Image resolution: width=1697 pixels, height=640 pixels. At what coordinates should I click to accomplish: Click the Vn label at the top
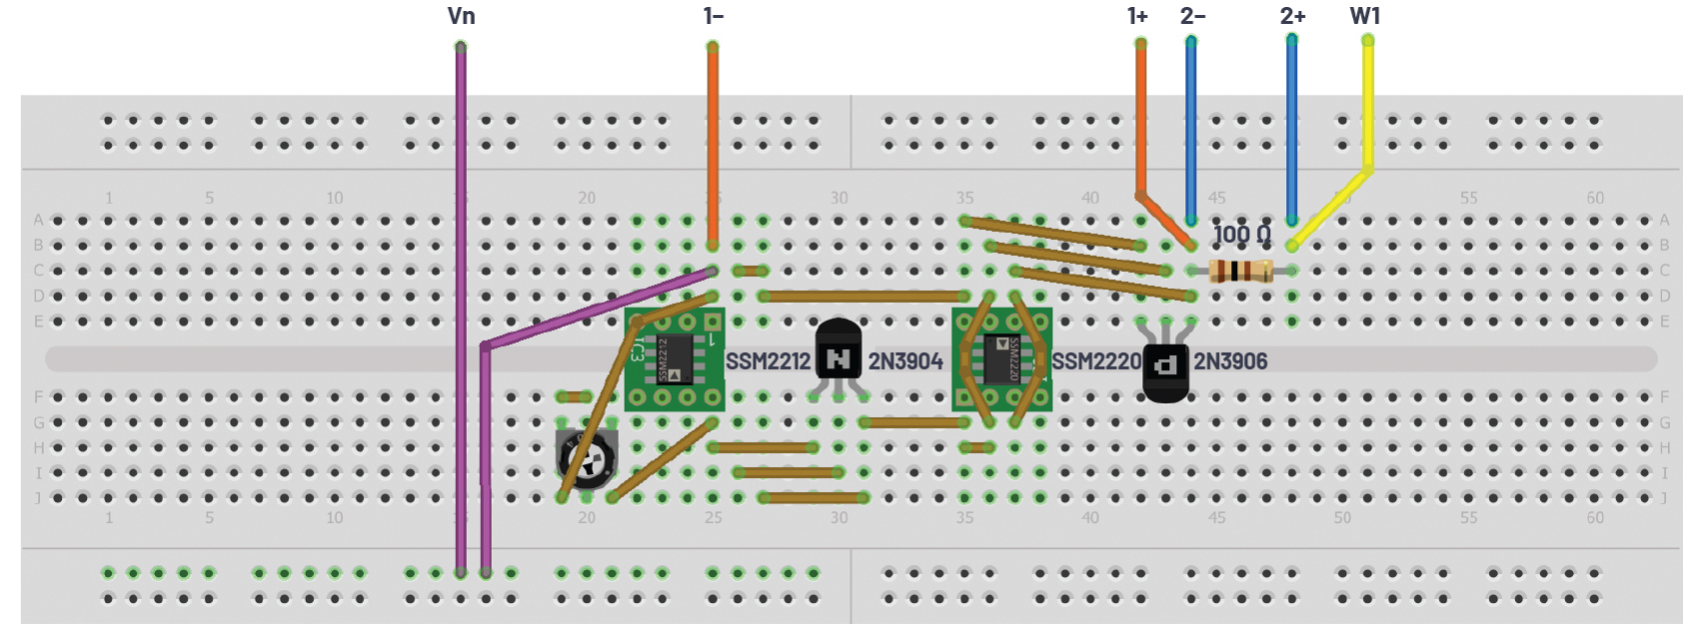coord(461,16)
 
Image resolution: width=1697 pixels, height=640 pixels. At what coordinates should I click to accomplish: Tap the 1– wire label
coord(713,16)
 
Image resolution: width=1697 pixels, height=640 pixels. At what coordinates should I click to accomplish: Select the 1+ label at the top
coord(1137,16)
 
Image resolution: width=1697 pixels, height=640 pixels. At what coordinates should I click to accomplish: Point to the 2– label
coord(1192,16)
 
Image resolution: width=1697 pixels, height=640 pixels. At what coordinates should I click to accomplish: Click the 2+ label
coord(1292,16)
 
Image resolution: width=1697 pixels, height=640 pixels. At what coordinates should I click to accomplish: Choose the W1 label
coord(1365,16)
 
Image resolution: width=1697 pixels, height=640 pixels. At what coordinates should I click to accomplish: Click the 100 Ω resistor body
coord(1240,270)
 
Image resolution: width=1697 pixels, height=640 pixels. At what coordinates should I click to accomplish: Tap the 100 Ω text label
coord(1242,235)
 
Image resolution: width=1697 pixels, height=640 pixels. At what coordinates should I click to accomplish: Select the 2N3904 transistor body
coord(838,351)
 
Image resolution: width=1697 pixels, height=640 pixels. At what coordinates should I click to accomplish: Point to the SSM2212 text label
coord(768,361)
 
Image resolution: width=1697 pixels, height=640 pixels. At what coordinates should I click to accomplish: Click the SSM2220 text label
coord(1096,361)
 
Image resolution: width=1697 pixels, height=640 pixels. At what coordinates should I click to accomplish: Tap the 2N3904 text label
coord(904,361)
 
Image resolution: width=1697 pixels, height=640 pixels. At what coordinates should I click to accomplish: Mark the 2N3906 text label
coord(1230,361)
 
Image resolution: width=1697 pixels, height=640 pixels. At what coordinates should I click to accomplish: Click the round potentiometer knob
coord(587,458)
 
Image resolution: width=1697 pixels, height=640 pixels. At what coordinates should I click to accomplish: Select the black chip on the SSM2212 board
coord(675,359)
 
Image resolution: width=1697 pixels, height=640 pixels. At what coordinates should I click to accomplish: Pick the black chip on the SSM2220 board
coord(1002,359)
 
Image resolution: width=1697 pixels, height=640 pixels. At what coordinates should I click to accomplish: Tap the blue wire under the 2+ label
coord(1292,130)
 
